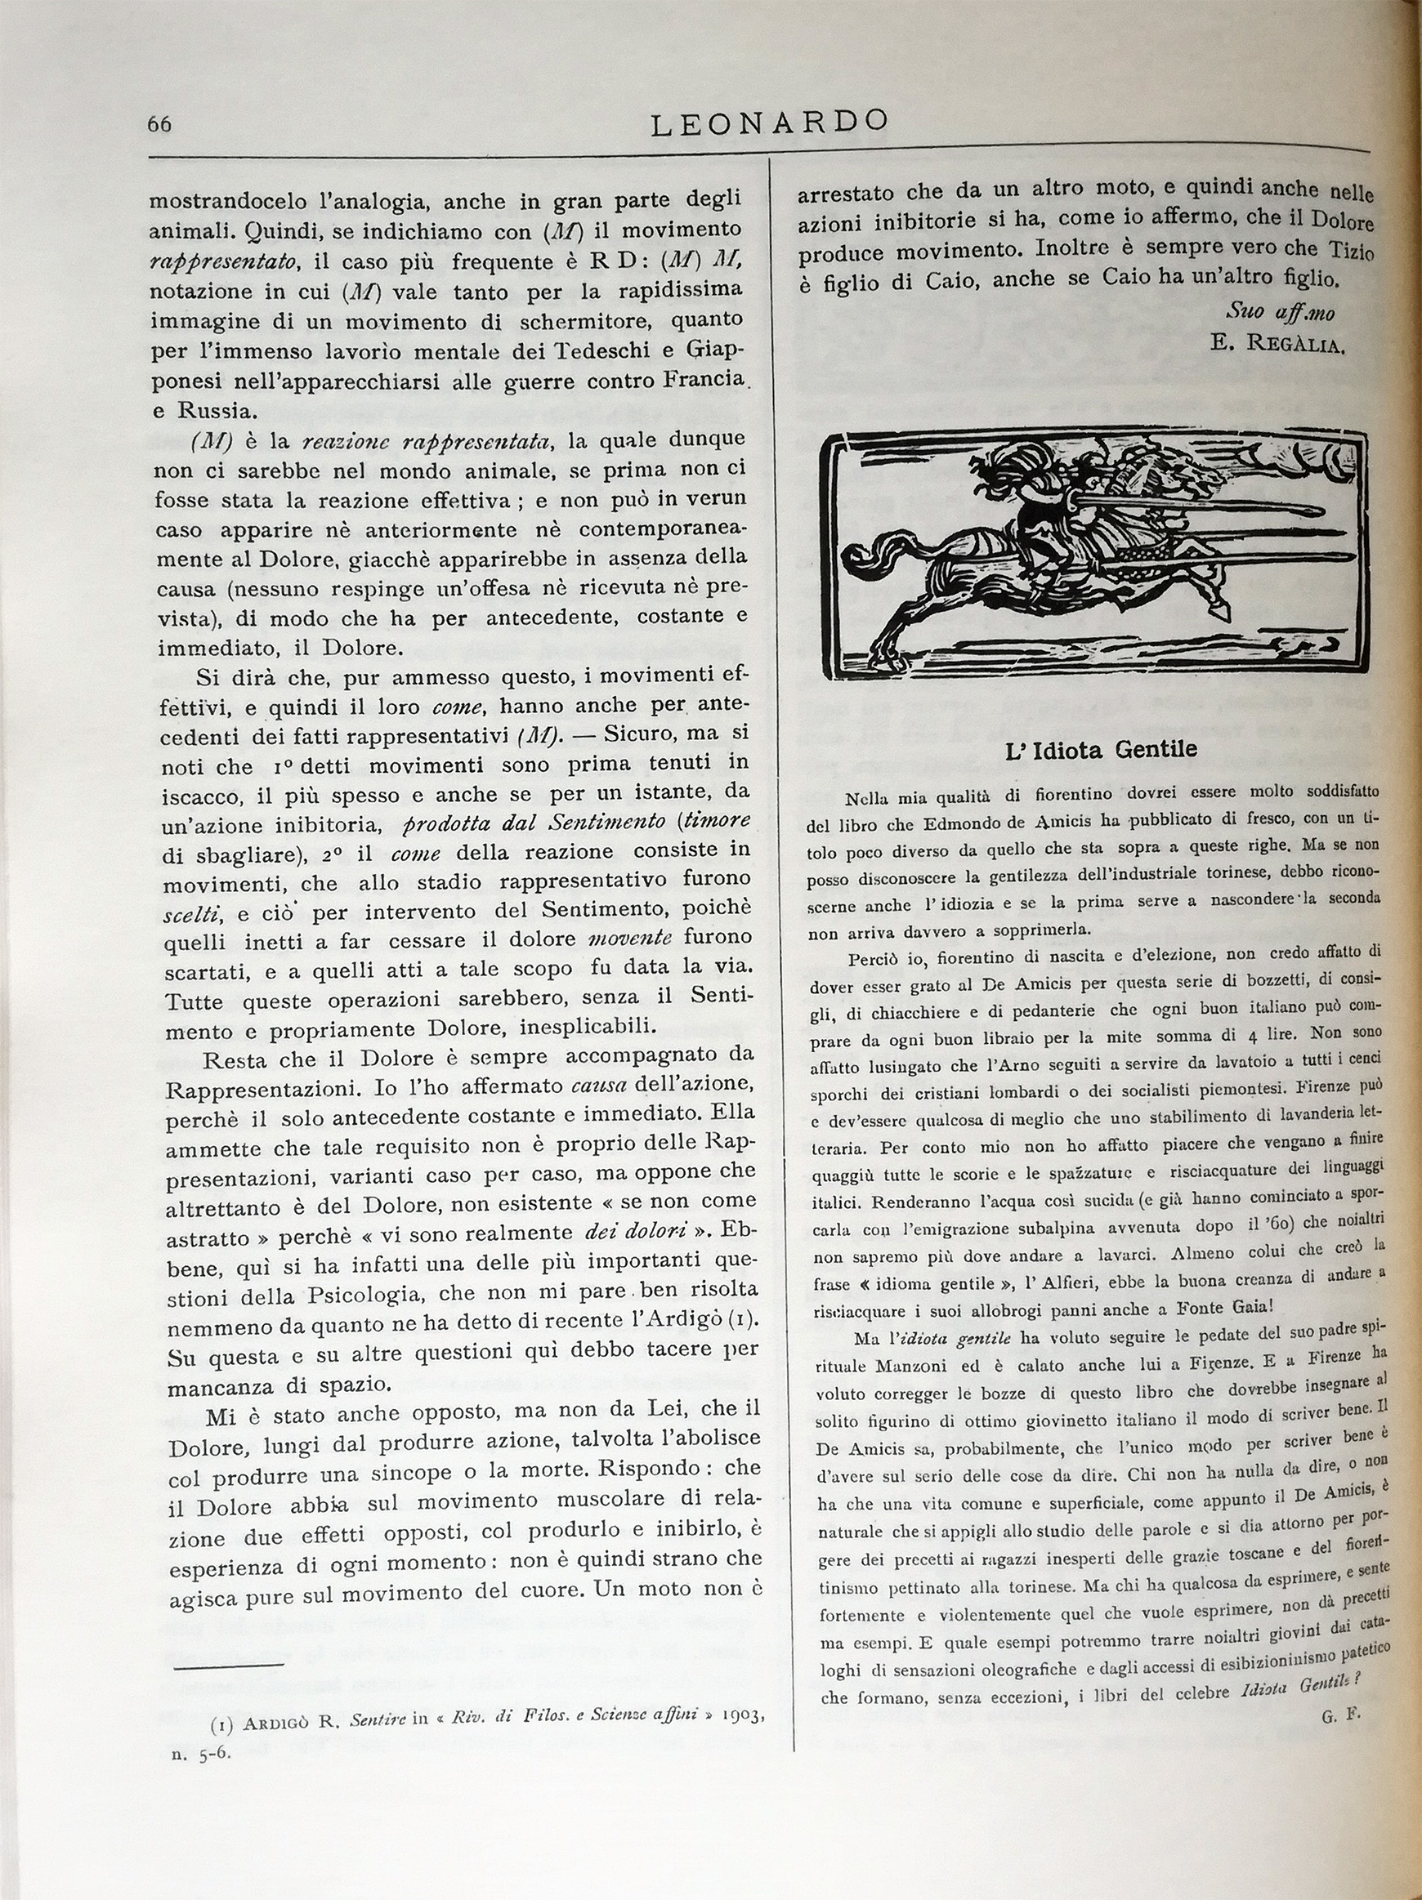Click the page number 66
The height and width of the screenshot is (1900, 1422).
[x=160, y=124]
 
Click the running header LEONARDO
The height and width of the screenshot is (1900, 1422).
[x=769, y=123]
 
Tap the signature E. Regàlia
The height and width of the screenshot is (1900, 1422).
[x=1277, y=346]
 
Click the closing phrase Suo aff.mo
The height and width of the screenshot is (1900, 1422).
[x=1281, y=310]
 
